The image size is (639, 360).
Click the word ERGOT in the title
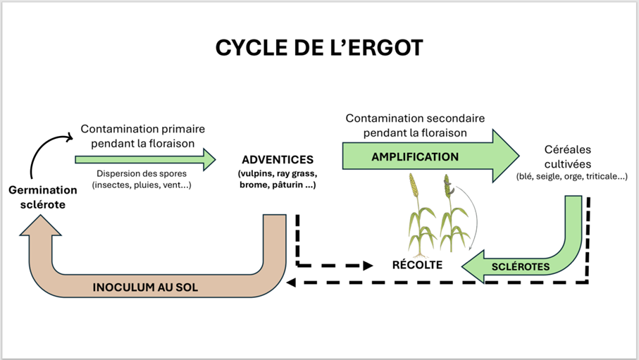[383, 48]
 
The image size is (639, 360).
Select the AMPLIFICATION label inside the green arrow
[415, 156]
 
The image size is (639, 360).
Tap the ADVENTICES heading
[277, 161]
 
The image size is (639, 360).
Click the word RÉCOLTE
[417, 265]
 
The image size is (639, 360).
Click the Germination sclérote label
[43, 197]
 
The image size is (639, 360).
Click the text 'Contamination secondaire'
[416, 118]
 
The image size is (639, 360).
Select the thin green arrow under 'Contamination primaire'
[145, 159]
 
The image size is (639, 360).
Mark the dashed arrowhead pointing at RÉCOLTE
[367, 266]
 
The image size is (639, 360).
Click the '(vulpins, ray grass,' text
[277, 173]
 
